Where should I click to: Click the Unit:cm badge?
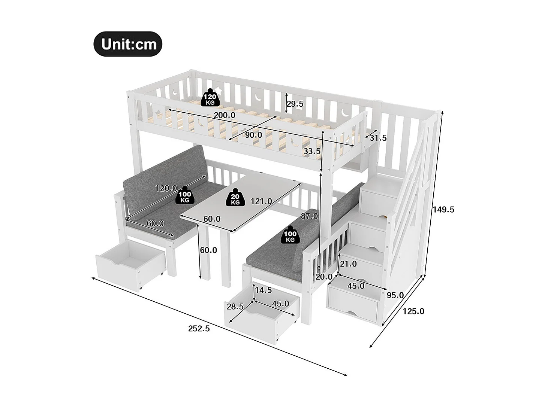point(128,44)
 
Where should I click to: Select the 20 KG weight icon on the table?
point(235,197)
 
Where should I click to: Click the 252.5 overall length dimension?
point(199,329)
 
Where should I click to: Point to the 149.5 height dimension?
point(443,210)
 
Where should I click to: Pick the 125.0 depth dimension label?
point(413,311)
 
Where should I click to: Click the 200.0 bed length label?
point(225,115)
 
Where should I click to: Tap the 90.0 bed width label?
point(253,135)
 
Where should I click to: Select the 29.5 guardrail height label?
point(295,104)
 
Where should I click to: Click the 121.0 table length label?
point(261,201)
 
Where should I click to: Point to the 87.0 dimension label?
point(309,216)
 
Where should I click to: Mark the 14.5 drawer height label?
point(263,290)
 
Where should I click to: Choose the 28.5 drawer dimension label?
point(235,307)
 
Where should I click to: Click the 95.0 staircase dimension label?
point(395,295)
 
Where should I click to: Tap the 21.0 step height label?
point(348,264)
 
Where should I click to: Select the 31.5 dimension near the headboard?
point(378,138)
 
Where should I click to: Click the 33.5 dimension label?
point(312,151)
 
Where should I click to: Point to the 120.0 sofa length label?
point(166,188)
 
